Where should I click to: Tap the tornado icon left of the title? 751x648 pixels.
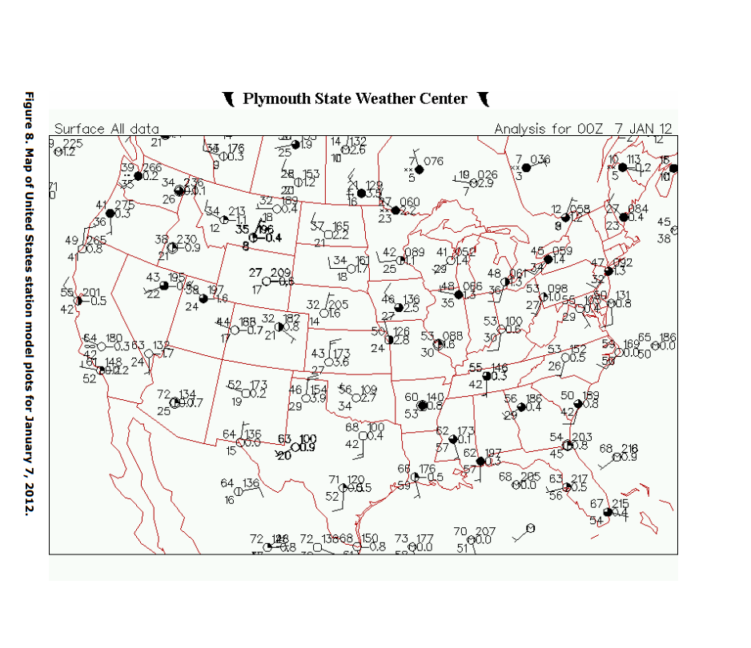(x=229, y=99)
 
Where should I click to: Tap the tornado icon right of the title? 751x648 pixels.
(x=483, y=99)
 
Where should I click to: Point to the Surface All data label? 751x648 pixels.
(x=106, y=129)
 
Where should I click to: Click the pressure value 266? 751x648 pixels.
(x=151, y=167)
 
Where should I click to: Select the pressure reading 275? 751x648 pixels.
(x=125, y=205)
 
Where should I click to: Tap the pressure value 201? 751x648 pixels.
(x=92, y=292)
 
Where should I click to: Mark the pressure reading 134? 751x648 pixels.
(x=187, y=394)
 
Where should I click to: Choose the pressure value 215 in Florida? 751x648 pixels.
(x=620, y=503)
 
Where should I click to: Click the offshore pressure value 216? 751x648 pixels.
(x=629, y=448)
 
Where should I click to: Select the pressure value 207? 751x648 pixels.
(x=486, y=530)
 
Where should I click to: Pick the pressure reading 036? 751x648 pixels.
(x=540, y=158)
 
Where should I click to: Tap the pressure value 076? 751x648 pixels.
(x=433, y=161)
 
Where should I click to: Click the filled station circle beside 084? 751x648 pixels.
(x=624, y=217)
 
